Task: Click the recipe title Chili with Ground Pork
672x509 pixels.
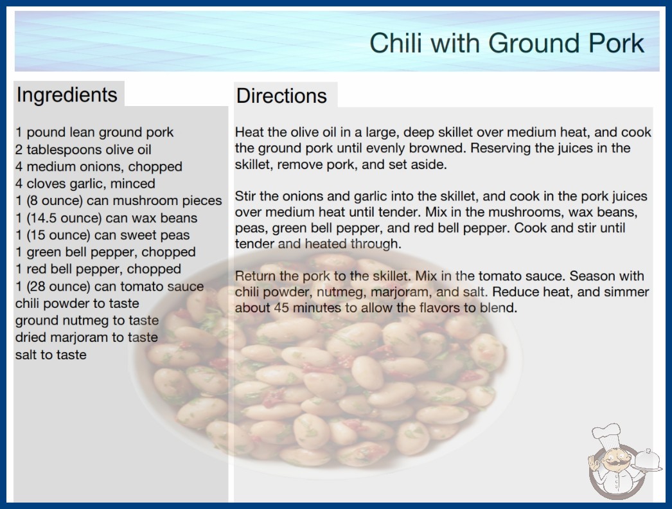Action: coord(507,43)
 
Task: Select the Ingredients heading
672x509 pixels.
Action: coord(67,94)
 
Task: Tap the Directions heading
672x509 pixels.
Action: coord(281,96)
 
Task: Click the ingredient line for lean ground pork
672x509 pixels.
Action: coord(94,132)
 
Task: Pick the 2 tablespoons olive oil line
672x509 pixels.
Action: coord(83,149)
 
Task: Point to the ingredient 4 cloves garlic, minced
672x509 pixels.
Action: coord(85,184)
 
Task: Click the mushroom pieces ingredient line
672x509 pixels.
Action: coord(119,201)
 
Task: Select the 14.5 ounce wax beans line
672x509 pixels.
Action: coord(106,218)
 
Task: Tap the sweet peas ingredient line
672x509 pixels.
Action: coord(102,235)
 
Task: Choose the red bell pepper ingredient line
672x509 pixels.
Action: coord(98,269)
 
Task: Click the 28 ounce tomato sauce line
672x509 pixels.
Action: coord(109,286)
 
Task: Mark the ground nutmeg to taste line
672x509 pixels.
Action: coord(87,320)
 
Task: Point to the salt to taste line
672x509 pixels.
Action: coord(51,355)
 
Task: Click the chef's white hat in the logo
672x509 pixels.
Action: coord(606,434)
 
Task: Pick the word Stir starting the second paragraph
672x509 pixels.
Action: coord(245,196)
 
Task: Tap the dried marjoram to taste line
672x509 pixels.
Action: coord(87,337)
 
